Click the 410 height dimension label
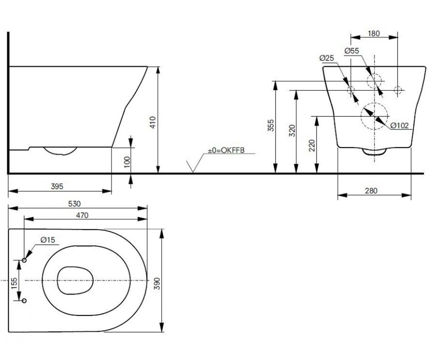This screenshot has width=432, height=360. [x=153, y=122]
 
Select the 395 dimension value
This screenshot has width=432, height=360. [x=57, y=186]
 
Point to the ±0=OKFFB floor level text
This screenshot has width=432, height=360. [x=226, y=150]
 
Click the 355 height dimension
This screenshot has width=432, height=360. [x=271, y=125]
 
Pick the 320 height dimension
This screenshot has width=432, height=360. [x=292, y=131]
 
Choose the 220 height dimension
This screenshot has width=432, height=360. [x=312, y=145]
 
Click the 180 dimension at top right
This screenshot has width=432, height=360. [x=374, y=33]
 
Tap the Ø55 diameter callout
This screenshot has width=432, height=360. [x=352, y=51]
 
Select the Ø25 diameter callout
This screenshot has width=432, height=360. [x=327, y=58]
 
